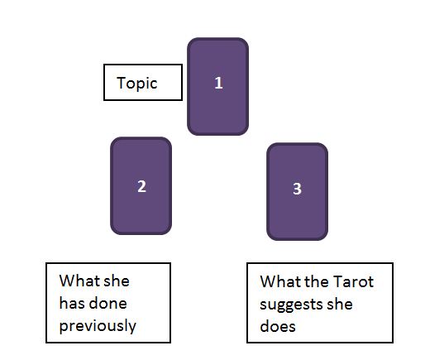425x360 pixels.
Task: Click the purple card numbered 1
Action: pyautogui.click(x=217, y=87)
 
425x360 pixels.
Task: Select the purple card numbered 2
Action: pyautogui.click(x=141, y=186)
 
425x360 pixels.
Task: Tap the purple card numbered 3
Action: pyautogui.click(x=297, y=192)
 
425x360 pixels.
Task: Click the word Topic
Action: pyautogui.click(x=137, y=83)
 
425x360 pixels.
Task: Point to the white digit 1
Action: pyautogui.click(x=218, y=83)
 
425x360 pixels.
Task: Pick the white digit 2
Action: pyautogui.click(x=141, y=186)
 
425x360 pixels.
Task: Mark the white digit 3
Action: pyautogui.click(x=297, y=189)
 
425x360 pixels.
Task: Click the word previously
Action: pyautogui.click(x=98, y=326)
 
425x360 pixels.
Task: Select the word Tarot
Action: pyautogui.click(x=353, y=281)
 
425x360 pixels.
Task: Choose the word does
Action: pyautogui.click(x=278, y=326)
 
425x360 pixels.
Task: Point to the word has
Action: pyautogui.click(x=72, y=303)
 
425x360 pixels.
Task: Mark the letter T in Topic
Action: pyautogui.click(x=122, y=83)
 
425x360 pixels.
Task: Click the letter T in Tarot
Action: pyautogui.click(x=338, y=281)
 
